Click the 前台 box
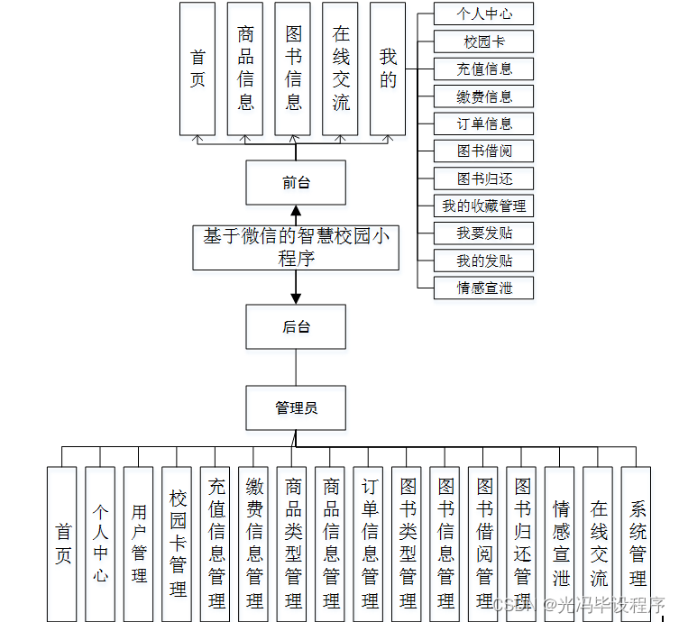click(296, 183)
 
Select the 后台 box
click(296, 326)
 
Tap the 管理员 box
click(296, 408)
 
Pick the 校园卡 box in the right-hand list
click(484, 41)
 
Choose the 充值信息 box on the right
click(484, 69)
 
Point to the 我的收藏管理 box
click(484, 206)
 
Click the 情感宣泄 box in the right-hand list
click(484, 288)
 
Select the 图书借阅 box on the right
click(484, 151)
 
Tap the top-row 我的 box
click(388, 69)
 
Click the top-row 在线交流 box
click(341, 69)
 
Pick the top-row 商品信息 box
click(245, 69)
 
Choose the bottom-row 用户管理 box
click(139, 544)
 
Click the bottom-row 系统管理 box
click(638, 544)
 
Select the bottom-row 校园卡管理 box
click(178, 544)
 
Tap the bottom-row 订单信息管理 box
click(370, 544)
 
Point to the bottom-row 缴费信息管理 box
click(254, 544)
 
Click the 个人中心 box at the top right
click(484, 14)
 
